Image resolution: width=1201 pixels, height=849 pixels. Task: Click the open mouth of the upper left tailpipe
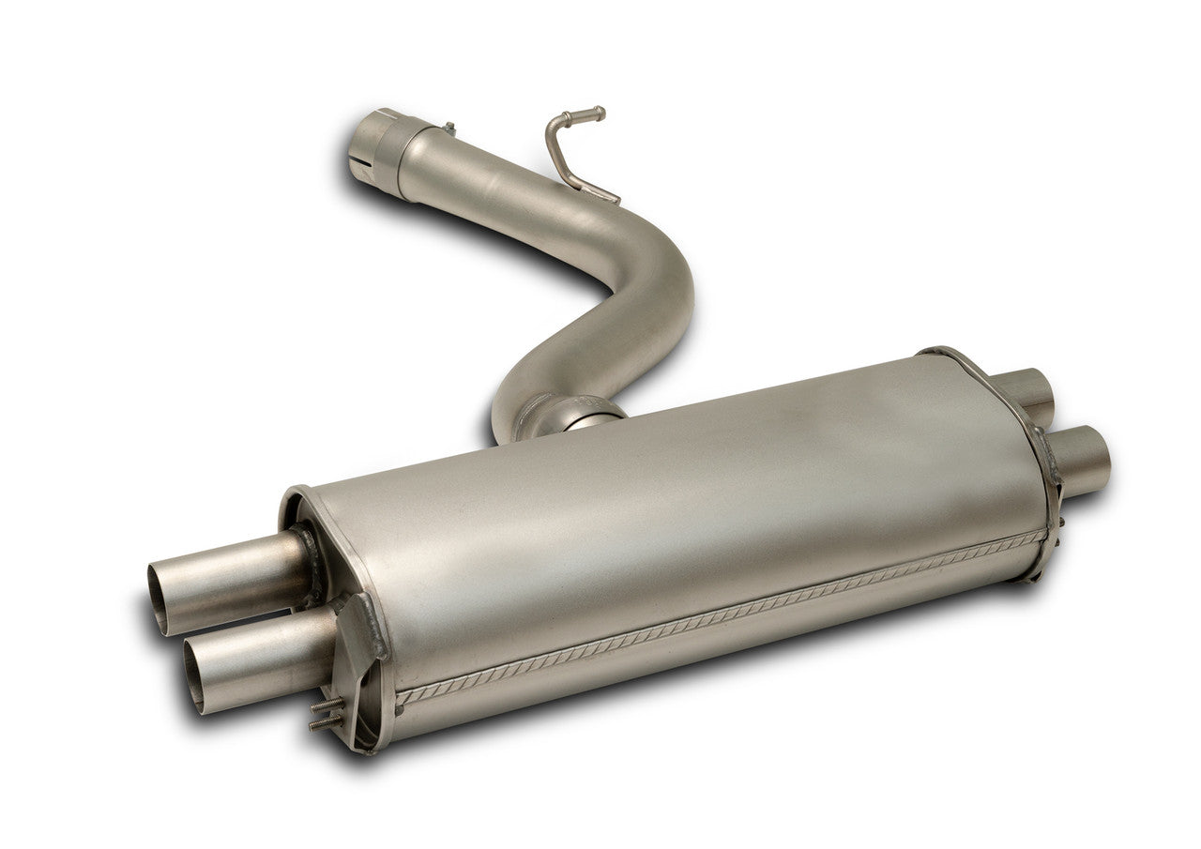(160, 597)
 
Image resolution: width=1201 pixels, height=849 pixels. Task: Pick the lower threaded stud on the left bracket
(325, 722)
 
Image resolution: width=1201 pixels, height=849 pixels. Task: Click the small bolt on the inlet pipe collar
(448, 128)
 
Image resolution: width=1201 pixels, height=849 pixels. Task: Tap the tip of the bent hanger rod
(598, 114)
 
